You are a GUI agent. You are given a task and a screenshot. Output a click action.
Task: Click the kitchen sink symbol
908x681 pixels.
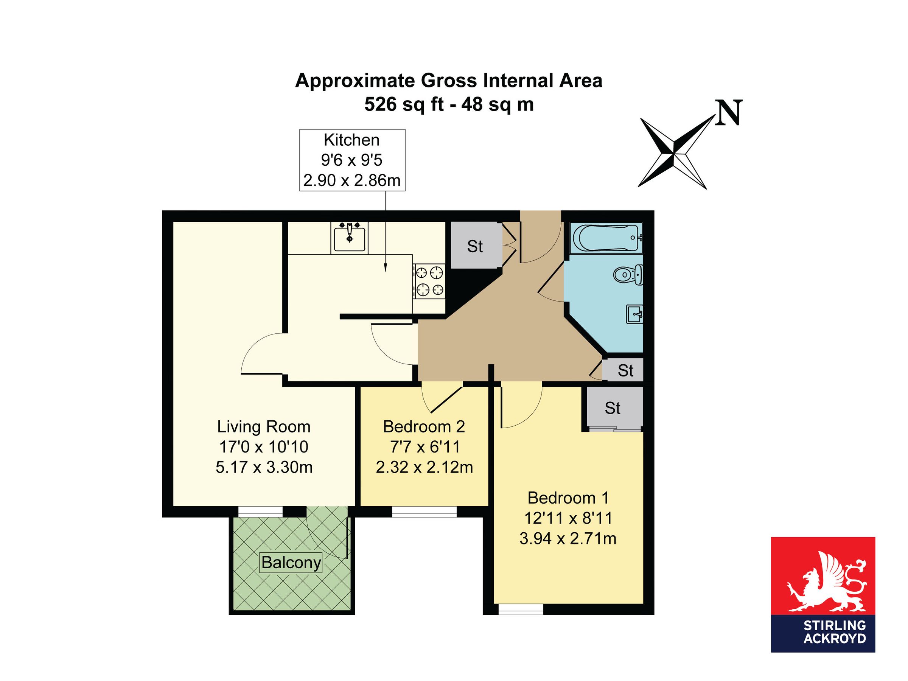click(x=349, y=238)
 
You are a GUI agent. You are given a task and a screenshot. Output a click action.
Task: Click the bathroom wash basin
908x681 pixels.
click(x=634, y=314)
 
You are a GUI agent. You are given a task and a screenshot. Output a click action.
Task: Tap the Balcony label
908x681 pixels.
click(x=291, y=562)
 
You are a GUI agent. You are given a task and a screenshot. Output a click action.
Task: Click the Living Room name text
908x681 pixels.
click(x=264, y=426)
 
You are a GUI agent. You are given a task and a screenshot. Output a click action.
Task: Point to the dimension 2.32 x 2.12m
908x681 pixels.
click(x=424, y=467)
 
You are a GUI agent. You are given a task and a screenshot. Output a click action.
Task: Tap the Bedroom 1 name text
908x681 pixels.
click(x=568, y=498)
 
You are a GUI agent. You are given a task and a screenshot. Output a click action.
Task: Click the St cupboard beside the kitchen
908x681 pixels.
click(x=475, y=246)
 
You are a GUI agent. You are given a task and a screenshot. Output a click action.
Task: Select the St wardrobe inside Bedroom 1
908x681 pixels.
click(x=613, y=408)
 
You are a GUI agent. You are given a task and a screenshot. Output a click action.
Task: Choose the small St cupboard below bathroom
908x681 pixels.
click(x=625, y=371)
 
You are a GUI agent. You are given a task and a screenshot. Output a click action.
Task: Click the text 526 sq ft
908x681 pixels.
click(x=404, y=104)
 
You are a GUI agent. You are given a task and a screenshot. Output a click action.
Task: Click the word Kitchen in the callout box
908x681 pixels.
click(x=352, y=140)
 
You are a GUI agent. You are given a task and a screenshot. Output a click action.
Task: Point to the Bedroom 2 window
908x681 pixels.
click(x=424, y=512)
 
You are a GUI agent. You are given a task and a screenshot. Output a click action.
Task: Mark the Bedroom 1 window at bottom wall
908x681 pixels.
click(x=521, y=609)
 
